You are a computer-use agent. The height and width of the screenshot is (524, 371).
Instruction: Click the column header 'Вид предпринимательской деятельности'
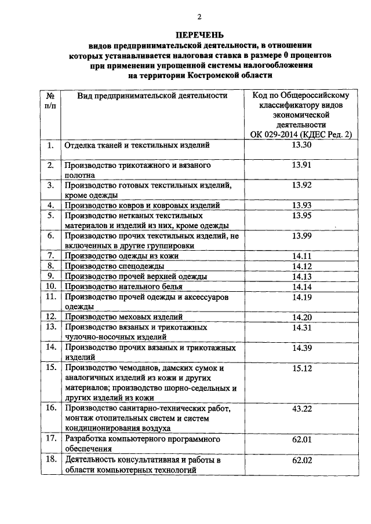tap(152, 96)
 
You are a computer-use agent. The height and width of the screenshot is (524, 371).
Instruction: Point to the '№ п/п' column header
tap(50, 100)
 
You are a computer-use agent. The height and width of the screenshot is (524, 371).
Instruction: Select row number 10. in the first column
tap(50, 286)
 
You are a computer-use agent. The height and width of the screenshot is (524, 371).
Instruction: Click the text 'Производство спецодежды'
tap(114, 266)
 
